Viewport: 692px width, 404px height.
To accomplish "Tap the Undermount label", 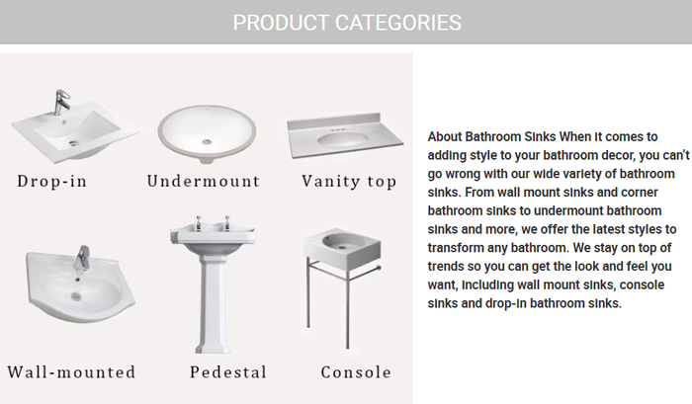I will [203, 181].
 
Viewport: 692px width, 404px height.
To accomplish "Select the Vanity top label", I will [349, 181].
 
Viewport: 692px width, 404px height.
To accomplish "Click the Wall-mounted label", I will [71, 372].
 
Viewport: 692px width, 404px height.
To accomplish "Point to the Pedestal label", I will [228, 372].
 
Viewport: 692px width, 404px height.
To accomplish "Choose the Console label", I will [356, 372].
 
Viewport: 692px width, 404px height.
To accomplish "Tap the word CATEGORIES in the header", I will [398, 22].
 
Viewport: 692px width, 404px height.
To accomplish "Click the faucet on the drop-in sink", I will [61, 102].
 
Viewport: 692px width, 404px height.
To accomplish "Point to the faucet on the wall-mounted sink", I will [82, 259].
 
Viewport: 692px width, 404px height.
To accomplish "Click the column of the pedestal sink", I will [213, 306].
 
